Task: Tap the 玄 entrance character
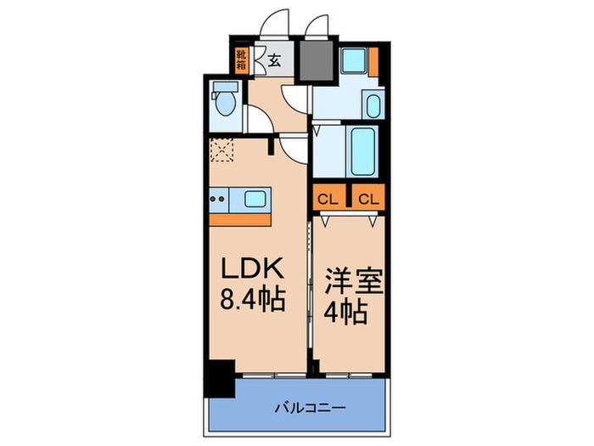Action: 275,59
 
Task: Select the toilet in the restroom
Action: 223,103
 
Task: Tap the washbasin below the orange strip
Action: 373,105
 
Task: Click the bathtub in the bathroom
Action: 362,150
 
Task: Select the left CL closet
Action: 328,200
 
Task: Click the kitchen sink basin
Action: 255,200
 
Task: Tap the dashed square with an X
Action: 221,151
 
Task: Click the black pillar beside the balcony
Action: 221,378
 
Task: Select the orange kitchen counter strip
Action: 240,219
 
